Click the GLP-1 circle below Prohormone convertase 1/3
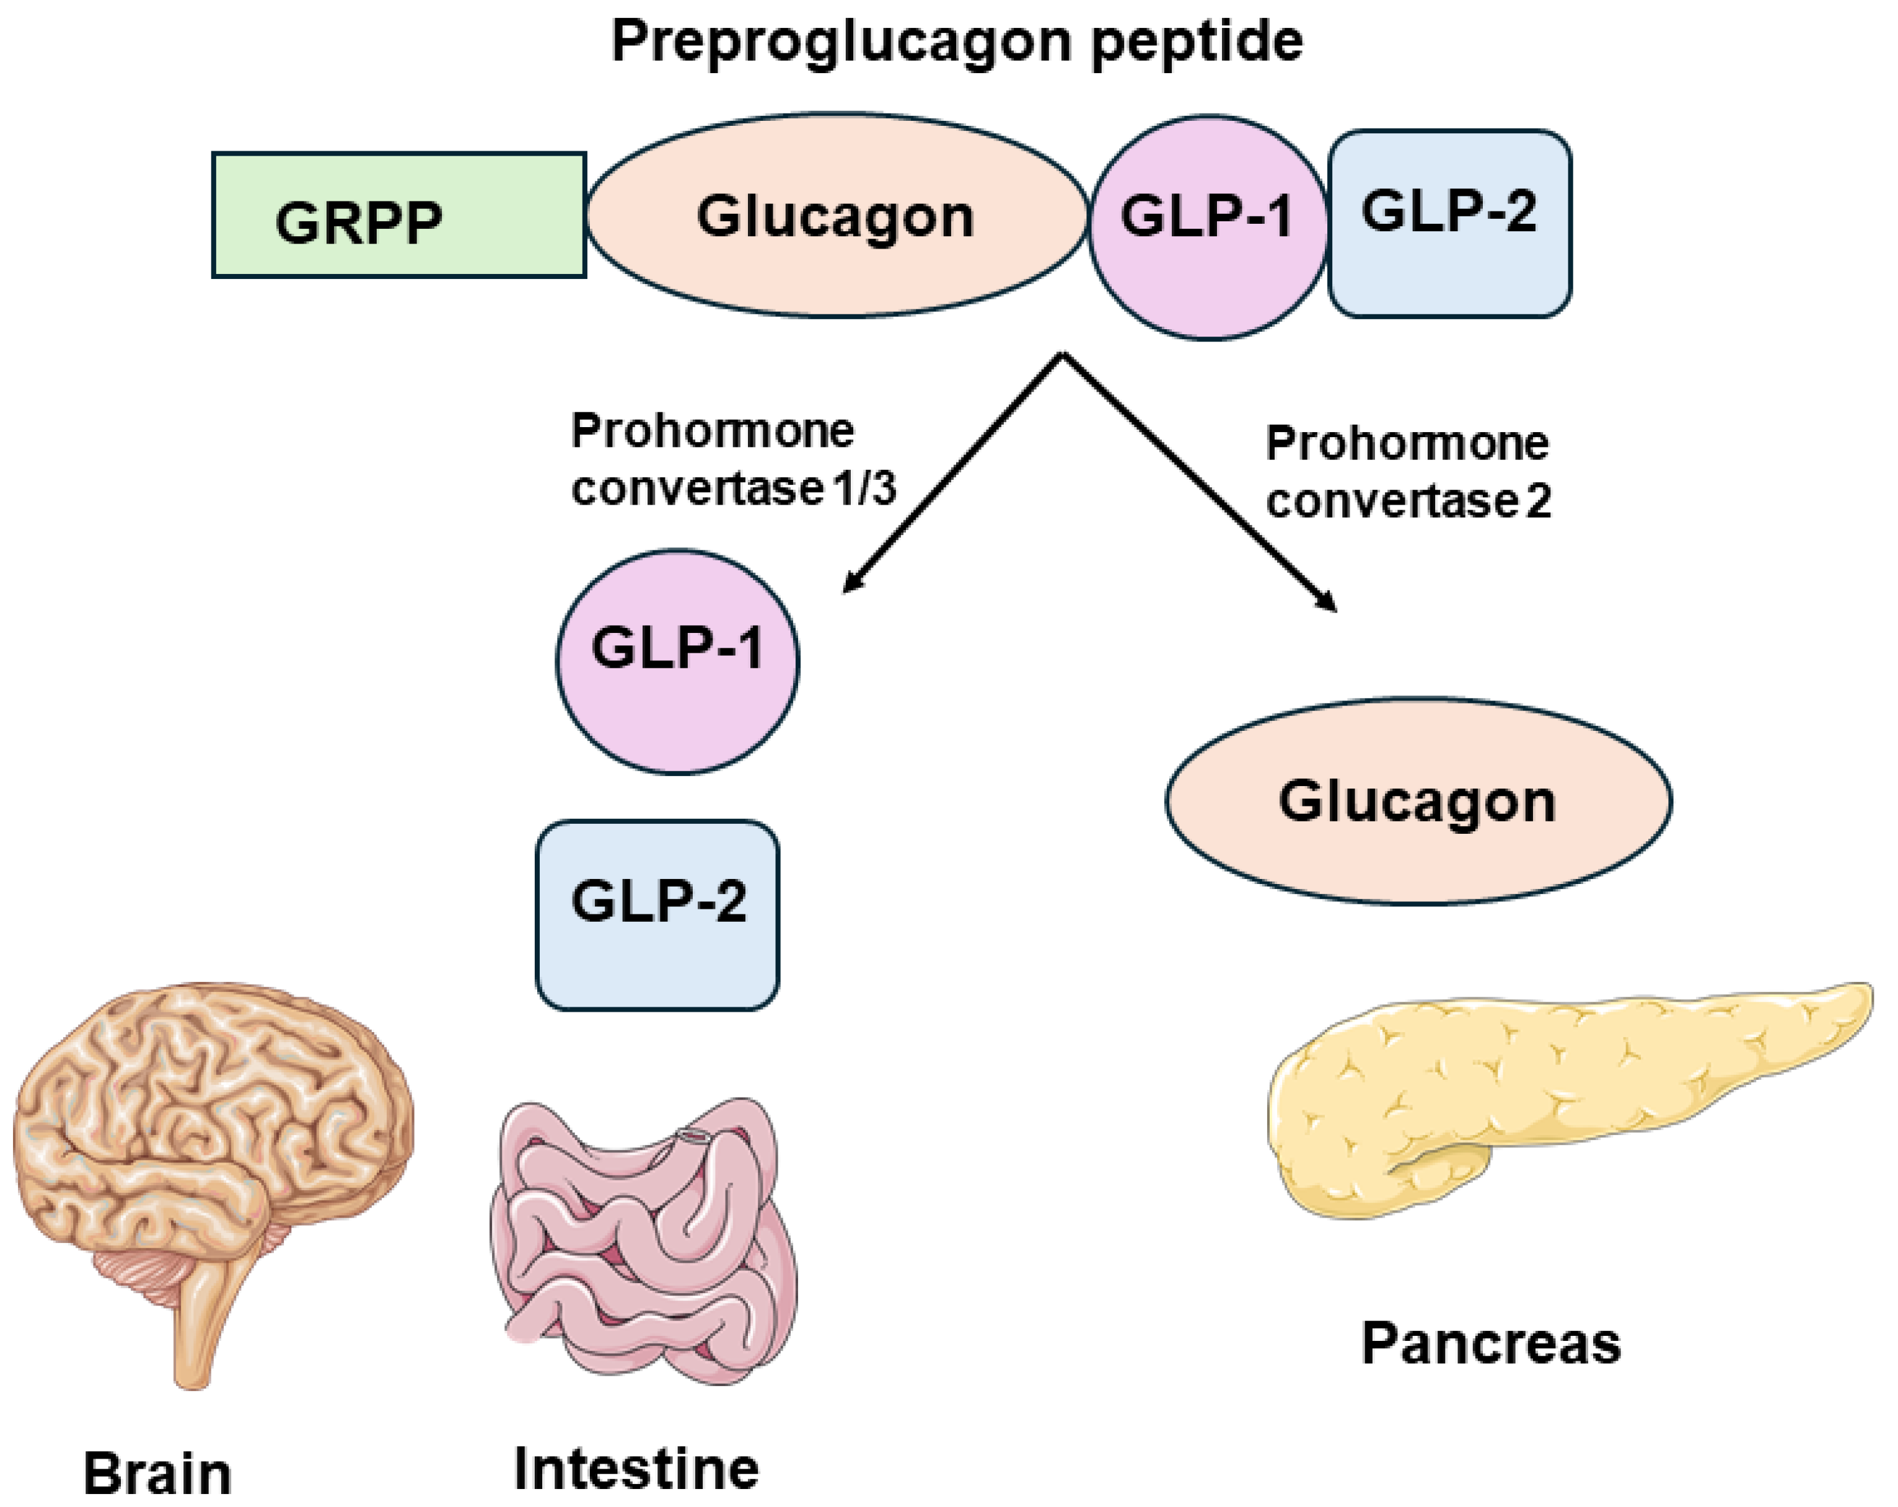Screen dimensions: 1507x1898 pyautogui.click(x=677, y=661)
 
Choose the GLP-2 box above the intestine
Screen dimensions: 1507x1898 pyautogui.click(x=657, y=914)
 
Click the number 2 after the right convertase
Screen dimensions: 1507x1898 pyautogui.click(x=1538, y=501)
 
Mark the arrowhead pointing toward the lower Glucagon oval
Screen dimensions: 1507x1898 pyautogui.click(x=1329, y=603)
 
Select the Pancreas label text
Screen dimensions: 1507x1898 pyautogui.click(x=1490, y=1344)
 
